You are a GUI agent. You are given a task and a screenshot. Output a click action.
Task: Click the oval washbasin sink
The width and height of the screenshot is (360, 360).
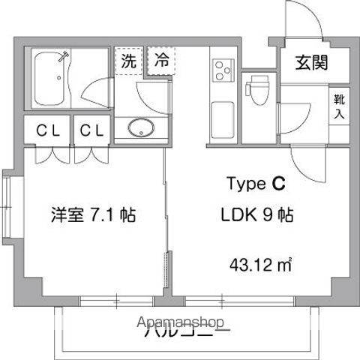click(x=139, y=128)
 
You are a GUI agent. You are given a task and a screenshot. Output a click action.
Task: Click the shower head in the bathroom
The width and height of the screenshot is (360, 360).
click(x=66, y=55)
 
